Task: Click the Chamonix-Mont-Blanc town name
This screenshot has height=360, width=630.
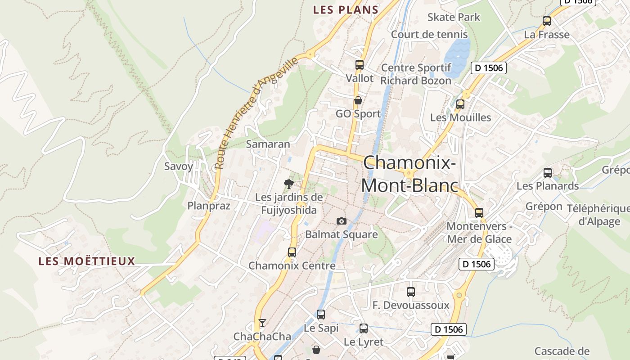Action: pyautogui.click(x=409, y=174)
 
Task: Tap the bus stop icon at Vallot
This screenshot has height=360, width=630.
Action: pyautogui.click(x=359, y=65)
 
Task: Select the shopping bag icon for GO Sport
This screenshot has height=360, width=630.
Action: pyautogui.click(x=358, y=100)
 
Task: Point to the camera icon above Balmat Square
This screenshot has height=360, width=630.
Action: pyautogui.click(x=342, y=221)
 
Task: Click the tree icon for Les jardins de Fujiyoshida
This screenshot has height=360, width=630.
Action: pyautogui.click(x=289, y=184)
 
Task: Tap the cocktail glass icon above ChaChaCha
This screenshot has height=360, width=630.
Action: pyautogui.click(x=262, y=323)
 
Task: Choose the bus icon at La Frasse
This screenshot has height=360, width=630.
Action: pyautogui.click(x=547, y=21)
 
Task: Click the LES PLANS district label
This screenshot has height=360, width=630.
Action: pyautogui.click(x=346, y=9)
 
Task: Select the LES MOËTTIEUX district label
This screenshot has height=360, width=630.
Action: pyautogui.click(x=87, y=261)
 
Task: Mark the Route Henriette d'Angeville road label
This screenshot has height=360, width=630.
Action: pyautogui.click(x=257, y=113)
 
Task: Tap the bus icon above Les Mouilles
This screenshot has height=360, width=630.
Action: pyautogui.click(x=460, y=104)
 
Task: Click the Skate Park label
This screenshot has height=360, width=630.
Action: pyautogui.click(x=454, y=17)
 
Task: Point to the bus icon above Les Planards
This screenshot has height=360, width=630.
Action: pyautogui.click(x=547, y=173)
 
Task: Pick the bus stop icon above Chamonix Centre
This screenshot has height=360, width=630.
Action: pyautogui.click(x=292, y=252)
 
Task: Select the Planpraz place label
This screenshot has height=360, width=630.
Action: pyautogui.click(x=209, y=206)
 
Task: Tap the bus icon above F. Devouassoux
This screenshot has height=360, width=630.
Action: pyautogui.click(x=410, y=292)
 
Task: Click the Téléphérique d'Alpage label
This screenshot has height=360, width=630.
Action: pyautogui.click(x=598, y=215)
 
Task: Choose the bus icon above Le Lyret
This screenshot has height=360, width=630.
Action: pyautogui.click(x=364, y=328)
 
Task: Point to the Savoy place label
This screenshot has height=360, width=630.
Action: pyautogui.click(x=179, y=166)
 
